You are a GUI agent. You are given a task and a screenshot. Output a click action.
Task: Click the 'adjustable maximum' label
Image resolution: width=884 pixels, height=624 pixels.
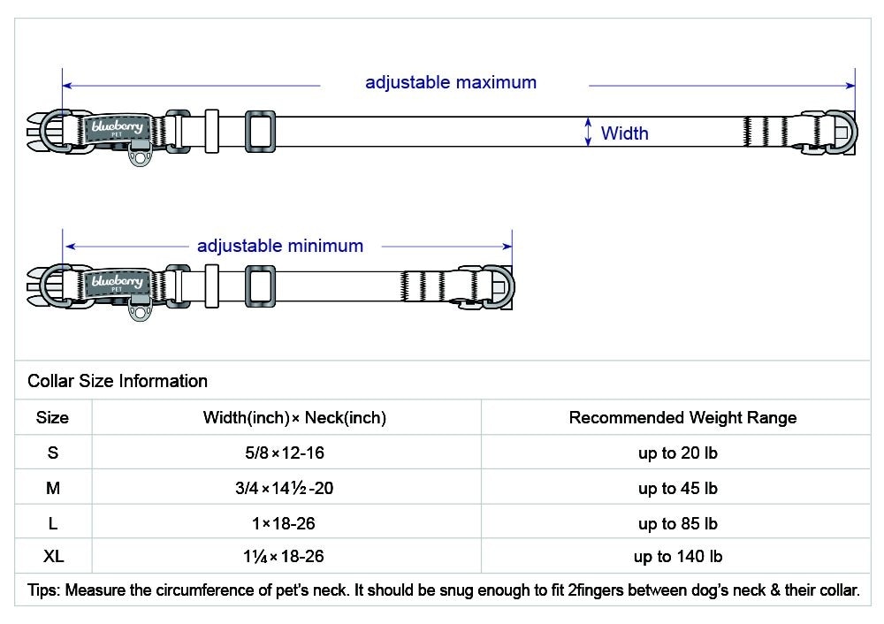[451, 83]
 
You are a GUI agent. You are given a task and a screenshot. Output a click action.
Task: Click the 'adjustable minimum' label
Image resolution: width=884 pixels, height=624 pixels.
[280, 247]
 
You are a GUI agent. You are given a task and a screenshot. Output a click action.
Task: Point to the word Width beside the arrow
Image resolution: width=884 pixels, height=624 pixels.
[624, 133]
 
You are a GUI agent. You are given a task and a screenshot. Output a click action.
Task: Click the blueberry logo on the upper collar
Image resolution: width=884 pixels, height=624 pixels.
[117, 129]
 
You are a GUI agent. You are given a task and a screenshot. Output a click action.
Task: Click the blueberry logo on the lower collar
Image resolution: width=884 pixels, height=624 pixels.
[117, 283]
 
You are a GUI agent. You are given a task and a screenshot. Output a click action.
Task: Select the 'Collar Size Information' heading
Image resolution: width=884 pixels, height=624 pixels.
[118, 382]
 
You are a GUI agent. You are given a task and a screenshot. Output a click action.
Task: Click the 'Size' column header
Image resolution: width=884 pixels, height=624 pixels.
[52, 418]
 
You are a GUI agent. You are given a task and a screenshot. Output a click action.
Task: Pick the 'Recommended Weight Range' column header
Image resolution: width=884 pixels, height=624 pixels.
[682, 418]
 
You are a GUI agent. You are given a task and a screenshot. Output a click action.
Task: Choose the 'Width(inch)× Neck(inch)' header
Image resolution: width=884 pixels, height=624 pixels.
[294, 418]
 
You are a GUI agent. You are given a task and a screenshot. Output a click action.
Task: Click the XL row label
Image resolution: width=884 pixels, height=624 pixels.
[53, 557]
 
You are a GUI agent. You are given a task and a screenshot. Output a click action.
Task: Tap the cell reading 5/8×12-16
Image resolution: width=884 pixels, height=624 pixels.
[286, 453]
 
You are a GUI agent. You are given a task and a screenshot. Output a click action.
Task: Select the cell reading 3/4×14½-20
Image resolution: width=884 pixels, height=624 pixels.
[286, 489]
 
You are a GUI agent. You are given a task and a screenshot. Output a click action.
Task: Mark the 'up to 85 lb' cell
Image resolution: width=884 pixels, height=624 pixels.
[678, 524]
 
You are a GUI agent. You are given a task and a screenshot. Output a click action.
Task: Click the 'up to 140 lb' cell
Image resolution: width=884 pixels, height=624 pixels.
[678, 557]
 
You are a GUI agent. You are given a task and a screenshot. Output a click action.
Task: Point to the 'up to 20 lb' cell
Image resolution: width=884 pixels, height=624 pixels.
[678, 454]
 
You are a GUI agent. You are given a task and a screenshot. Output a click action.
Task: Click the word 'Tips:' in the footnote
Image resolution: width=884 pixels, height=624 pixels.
[45, 590]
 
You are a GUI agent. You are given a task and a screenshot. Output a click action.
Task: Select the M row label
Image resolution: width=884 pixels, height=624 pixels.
[53, 489]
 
